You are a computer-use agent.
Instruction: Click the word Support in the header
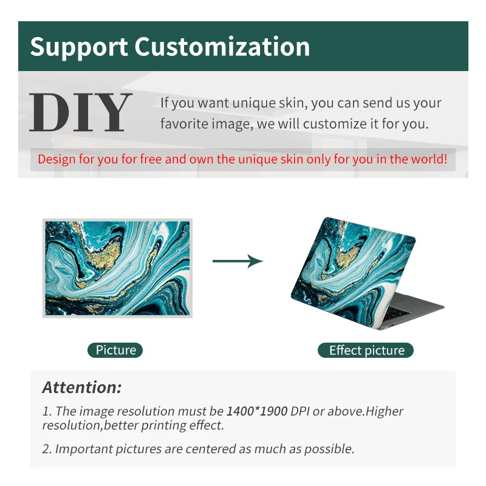point(78,47)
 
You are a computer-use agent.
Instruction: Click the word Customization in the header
point(222,47)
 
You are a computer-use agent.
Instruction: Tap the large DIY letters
point(81,113)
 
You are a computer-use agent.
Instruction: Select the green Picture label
point(115,350)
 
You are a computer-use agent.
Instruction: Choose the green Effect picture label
point(366,351)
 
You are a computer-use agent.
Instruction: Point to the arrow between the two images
point(238,261)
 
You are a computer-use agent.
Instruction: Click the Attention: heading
point(82,387)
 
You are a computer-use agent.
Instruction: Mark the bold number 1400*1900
point(257,411)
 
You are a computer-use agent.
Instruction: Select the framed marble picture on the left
point(117,267)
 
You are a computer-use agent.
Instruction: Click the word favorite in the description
point(184,125)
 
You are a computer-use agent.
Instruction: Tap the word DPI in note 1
point(299,411)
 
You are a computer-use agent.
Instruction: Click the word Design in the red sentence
point(57,160)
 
